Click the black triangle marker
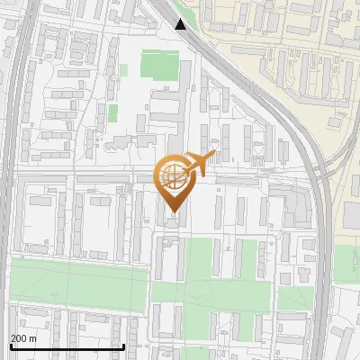pyautogui.click(x=181, y=23)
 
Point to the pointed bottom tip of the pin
pyautogui.click(x=172, y=213)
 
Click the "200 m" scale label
pyautogui.click(x=23, y=338)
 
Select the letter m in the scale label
pyautogui.click(x=32, y=338)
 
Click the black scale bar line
pyautogui.click(x=67, y=346)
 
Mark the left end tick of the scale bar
pyautogui.click(x=10, y=345)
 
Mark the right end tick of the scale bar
pyautogui.click(x=123, y=345)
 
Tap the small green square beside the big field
pyautogui.click(x=125, y=69)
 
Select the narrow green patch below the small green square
pyautogui.click(x=113, y=112)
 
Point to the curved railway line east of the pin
pyautogui.click(x=310, y=180)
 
